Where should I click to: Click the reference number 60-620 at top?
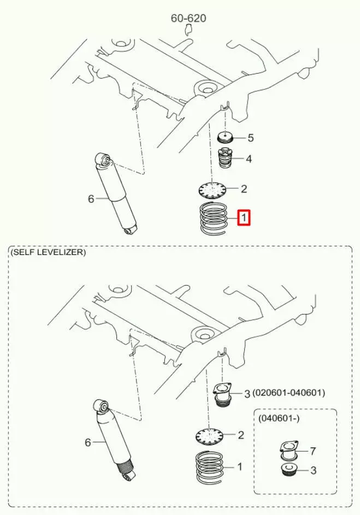coord(188,18)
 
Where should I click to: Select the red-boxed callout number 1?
coord(244,218)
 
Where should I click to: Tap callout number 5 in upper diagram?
coord(251,138)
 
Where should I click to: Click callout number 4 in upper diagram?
coord(249,159)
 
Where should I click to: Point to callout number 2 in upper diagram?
coord(244,189)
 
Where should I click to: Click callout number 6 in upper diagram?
coord(91,199)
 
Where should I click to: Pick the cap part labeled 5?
coord(225,138)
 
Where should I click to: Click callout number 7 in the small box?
coord(312,451)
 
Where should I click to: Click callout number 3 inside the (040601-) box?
coord(312,470)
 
